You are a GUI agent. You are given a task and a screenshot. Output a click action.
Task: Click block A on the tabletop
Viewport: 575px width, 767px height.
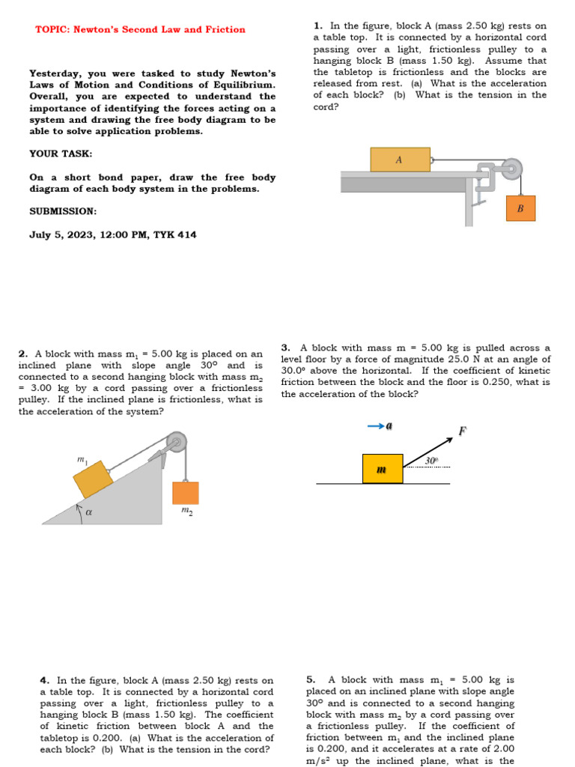(x=400, y=160)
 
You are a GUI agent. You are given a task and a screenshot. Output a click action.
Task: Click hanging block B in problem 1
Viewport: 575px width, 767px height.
(x=520, y=208)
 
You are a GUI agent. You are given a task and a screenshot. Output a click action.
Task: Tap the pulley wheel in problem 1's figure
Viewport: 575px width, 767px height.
(x=512, y=168)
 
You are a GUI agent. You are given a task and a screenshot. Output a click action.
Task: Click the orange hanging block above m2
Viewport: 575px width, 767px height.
(x=186, y=493)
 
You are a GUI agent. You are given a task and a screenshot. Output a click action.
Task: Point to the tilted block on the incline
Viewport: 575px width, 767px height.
(x=93, y=479)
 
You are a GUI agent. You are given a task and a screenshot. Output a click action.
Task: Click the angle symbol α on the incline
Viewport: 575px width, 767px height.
(x=88, y=513)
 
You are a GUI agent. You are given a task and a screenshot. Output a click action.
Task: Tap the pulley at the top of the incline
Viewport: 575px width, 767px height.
(x=177, y=442)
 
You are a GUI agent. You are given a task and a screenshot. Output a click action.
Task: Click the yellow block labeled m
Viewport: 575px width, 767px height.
(x=383, y=469)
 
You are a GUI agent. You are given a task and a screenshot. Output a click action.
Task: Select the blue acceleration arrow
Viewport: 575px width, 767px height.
(x=377, y=425)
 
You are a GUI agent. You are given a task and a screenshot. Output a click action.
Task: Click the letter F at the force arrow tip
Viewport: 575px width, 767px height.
(x=463, y=431)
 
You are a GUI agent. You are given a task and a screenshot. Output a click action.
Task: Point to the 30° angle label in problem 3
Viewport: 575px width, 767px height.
(x=431, y=461)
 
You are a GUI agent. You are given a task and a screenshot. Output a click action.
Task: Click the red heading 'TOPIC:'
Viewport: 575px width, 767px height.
(x=52, y=30)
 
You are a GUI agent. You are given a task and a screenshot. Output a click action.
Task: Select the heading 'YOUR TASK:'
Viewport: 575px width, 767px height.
(x=61, y=154)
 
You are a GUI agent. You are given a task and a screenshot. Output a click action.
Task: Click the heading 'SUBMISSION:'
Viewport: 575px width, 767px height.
(x=63, y=211)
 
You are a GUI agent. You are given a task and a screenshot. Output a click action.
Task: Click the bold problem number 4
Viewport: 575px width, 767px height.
(x=44, y=681)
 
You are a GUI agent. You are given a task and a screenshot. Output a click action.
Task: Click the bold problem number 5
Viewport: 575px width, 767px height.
(x=311, y=680)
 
